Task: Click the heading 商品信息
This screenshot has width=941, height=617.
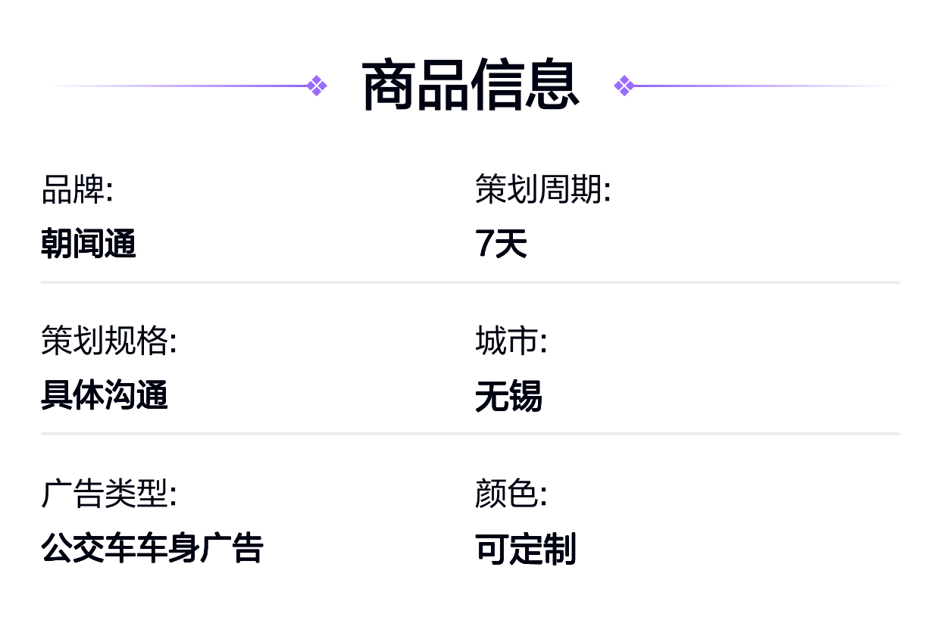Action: pyautogui.click(x=470, y=86)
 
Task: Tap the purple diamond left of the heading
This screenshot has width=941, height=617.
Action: pyautogui.click(x=317, y=86)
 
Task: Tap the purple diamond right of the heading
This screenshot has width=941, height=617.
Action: pyautogui.click(x=624, y=86)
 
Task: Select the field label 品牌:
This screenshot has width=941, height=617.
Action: pyautogui.click(x=77, y=189)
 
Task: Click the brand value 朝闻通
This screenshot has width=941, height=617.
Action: pyautogui.click(x=88, y=243)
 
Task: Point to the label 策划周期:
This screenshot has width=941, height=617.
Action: pyautogui.click(x=542, y=189)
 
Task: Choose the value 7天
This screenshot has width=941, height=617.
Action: pyautogui.click(x=501, y=243)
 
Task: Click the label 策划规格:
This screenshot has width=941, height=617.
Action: pyautogui.click(x=109, y=341)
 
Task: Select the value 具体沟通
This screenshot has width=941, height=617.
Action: pyautogui.click(x=105, y=394)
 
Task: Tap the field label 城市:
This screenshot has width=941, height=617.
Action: pyautogui.click(x=511, y=341)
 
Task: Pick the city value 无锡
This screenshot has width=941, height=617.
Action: pyautogui.click(x=508, y=396)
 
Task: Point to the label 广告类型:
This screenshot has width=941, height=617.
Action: pyautogui.click(x=109, y=493)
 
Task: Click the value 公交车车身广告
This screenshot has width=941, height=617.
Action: pyautogui.click(x=152, y=548)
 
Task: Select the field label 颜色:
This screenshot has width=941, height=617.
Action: pyautogui.click(x=511, y=493)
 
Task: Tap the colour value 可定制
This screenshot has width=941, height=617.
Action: pyautogui.click(x=526, y=549)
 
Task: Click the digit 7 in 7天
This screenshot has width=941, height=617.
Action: pyautogui.click(x=483, y=243)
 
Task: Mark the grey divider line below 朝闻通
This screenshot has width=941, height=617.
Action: pyautogui.click(x=470, y=282)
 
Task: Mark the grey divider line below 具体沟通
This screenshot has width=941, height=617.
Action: pyautogui.click(x=470, y=434)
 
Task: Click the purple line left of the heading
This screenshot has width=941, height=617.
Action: pyautogui.click(x=180, y=86)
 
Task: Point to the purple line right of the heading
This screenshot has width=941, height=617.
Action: pyautogui.click(x=761, y=86)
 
